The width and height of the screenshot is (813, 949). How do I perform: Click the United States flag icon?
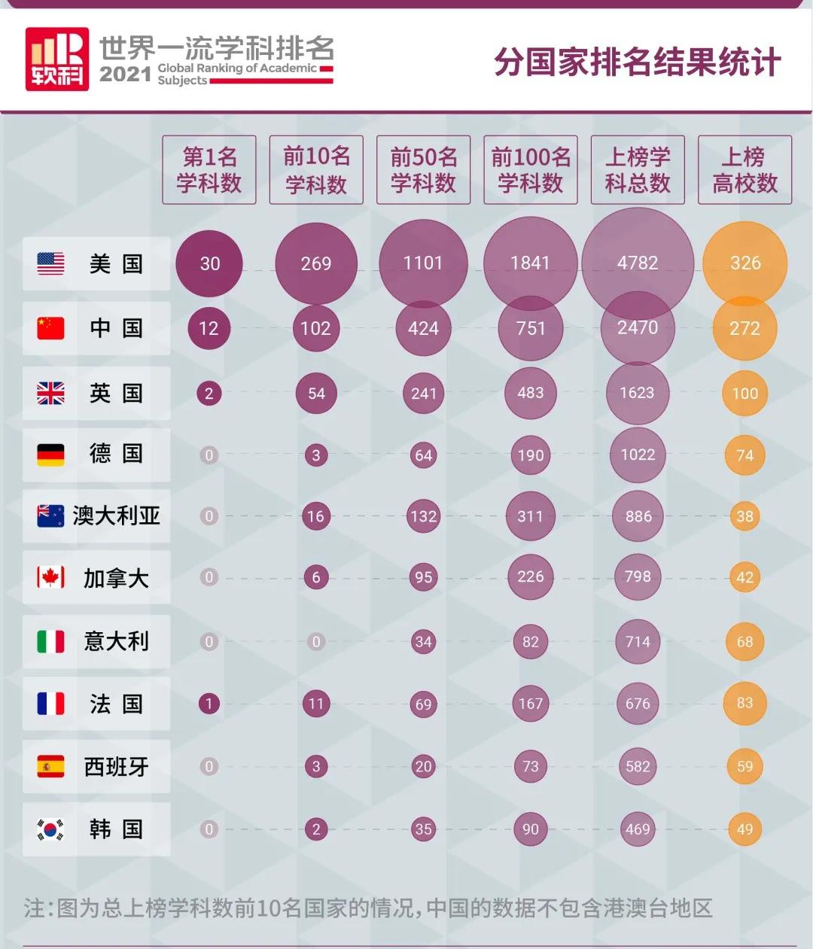pos(50,263)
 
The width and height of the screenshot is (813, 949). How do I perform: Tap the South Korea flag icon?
pos(50,829)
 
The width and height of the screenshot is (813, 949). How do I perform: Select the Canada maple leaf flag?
pos(50,578)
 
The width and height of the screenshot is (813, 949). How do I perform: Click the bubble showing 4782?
pos(638,263)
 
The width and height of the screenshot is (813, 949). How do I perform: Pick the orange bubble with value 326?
pos(744,263)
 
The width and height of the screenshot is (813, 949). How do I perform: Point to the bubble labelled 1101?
pos(423,263)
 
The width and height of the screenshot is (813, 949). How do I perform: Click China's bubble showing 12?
pos(209,328)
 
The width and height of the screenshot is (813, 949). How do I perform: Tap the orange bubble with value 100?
pos(744,393)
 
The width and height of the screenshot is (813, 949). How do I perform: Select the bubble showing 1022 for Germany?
pos(638,455)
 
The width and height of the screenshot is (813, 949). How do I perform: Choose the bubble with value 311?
pos(530,516)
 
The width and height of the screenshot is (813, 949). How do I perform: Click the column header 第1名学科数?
pos(209,170)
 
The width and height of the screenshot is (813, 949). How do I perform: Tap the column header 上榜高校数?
pos(744,170)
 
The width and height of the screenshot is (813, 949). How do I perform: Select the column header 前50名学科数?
pos(423,170)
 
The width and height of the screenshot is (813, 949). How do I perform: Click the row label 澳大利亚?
pos(116,516)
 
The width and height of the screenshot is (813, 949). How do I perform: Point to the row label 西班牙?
pos(116,767)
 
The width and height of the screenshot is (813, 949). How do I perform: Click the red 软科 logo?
pos(57,59)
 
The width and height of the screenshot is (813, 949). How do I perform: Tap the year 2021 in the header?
pos(126,74)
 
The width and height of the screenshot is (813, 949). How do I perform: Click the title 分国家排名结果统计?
pos(637,62)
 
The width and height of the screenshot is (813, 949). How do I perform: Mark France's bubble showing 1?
pos(209,704)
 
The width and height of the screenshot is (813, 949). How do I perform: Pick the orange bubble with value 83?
pos(744,704)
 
